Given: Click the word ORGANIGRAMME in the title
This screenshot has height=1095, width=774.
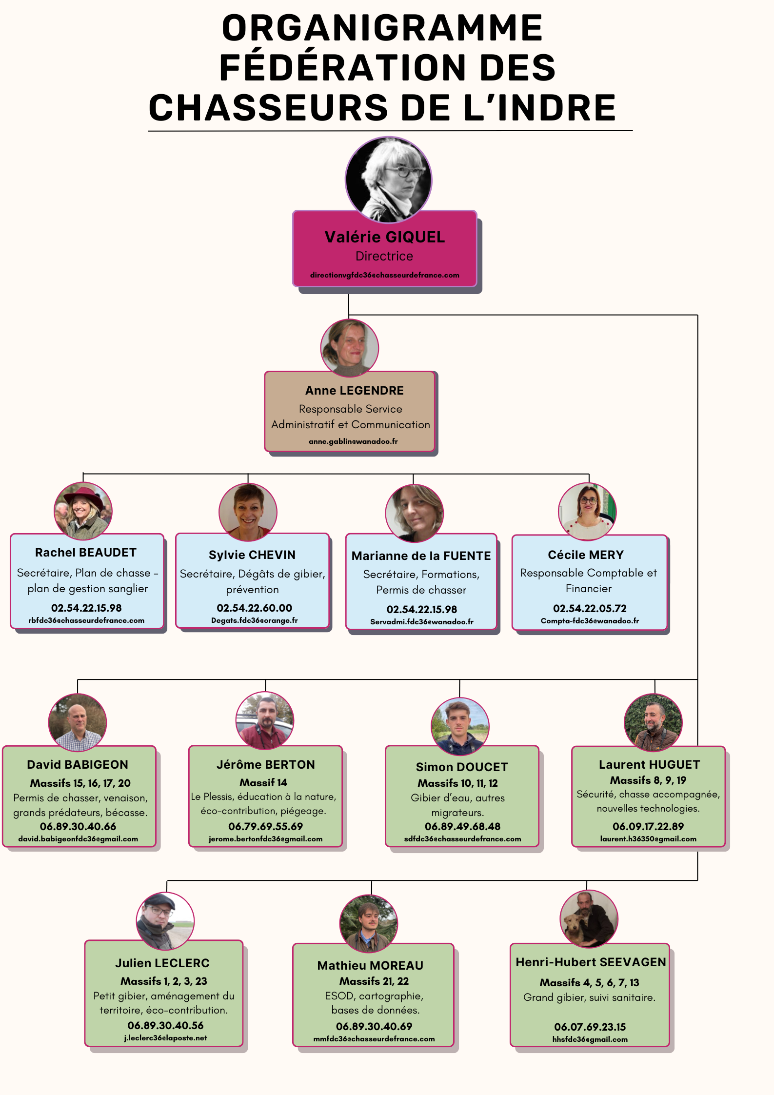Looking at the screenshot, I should click(x=382, y=28).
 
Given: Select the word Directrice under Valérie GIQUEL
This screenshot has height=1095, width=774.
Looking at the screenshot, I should click(x=384, y=256).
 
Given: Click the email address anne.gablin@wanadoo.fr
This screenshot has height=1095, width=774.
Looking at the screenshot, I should click(x=353, y=441).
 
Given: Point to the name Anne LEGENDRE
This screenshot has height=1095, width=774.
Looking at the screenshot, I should click(x=355, y=391).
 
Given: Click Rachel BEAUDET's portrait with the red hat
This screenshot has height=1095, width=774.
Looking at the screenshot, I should click(x=83, y=511).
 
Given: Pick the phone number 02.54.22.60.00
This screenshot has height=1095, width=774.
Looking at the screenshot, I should click(x=255, y=608).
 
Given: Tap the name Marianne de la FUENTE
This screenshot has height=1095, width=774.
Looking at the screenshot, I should click(x=421, y=556).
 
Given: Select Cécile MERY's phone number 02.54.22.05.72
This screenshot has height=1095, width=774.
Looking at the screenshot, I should click(x=590, y=608).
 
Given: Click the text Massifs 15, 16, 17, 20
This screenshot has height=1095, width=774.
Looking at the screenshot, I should click(x=80, y=783).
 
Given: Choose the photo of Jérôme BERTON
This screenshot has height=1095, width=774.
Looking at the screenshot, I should click(x=265, y=721).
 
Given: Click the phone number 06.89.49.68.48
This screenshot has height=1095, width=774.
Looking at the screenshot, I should click(x=462, y=826).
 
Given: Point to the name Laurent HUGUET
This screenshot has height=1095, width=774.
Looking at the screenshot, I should click(x=649, y=765).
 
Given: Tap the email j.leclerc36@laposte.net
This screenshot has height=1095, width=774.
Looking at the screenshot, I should click(x=165, y=1038).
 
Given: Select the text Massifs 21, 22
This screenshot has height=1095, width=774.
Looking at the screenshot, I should click(x=374, y=981).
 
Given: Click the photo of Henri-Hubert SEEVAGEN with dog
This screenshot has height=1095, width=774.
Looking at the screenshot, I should click(x=589, y=919).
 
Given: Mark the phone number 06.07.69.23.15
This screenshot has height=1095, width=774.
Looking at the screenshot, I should click(x=590, y=1027).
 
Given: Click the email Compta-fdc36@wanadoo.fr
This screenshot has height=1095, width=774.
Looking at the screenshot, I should click(x=590, y=621).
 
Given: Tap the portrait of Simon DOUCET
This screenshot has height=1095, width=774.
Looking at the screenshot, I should click(x=460, y=726).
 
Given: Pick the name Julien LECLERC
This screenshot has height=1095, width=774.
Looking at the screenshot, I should click(x=162, y=963).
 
